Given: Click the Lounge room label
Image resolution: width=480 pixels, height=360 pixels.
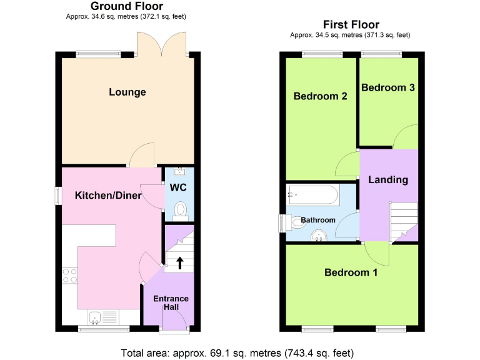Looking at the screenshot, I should [127, 92].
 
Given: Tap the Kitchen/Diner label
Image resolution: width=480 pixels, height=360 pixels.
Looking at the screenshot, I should [108, 196].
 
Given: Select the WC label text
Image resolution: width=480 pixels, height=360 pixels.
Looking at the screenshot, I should [179, 187].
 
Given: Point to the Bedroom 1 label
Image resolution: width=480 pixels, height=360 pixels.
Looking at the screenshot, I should [351, 272].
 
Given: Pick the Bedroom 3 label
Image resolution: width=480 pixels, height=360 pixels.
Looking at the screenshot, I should [387, 87].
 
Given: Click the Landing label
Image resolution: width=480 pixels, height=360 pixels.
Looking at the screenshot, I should [387, 180].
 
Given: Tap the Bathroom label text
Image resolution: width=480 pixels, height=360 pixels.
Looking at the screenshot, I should [318, 220].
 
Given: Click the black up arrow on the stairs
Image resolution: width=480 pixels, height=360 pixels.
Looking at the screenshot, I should [180, 263].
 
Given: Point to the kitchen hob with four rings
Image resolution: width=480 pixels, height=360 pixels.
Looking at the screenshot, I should [69, 276].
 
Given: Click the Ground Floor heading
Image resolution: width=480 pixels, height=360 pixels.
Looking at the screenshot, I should [127, 6].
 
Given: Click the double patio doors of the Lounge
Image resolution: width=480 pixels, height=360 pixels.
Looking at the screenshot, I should [162, 45].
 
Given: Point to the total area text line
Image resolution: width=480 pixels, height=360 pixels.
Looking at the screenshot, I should [240, 351].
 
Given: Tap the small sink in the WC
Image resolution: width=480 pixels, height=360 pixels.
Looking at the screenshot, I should [179, 171].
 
